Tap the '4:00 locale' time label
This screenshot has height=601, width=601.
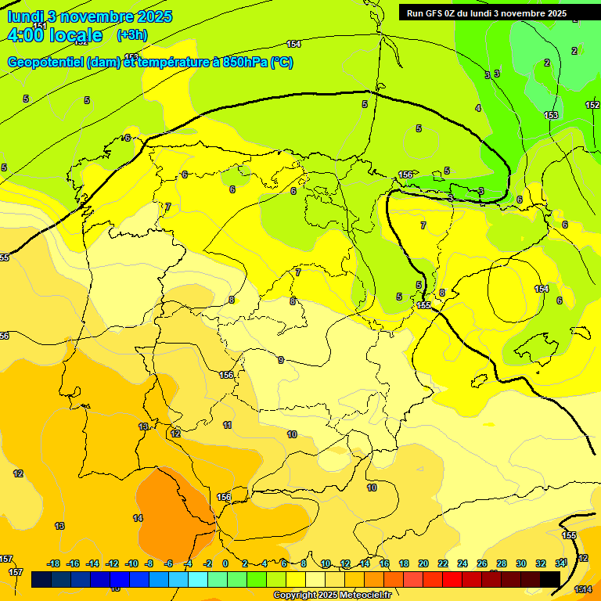[x=55, y=35]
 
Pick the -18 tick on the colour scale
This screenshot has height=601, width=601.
[x=54, y=563]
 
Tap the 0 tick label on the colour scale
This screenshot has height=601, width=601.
[x=225, y=563]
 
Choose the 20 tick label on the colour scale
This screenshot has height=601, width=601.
[x=423, y=563]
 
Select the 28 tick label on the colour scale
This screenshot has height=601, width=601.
[x=502, y=563]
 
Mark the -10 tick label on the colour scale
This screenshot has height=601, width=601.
[x=131, y=563]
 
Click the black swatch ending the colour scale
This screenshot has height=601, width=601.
[x=550, y=580]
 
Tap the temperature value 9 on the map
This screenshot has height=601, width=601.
[x=281, y=360]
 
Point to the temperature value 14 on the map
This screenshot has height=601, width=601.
[x=138, y=518]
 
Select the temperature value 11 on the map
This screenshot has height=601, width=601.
[x=228, y=425]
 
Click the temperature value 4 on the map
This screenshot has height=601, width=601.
[x=478, y=108]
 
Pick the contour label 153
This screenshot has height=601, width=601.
[x=552, y=115]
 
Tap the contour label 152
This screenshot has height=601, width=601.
[x=592, y=105]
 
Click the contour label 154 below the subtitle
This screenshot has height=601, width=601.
[x=293, y=44]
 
